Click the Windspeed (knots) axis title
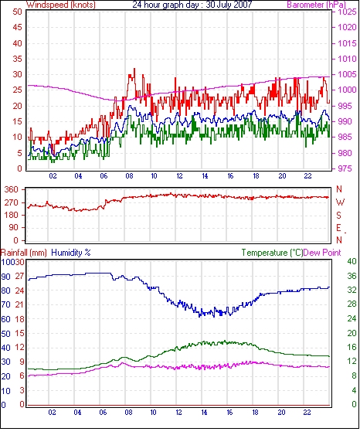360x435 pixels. coord(61,5)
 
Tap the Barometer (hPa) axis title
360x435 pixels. coord(317,5)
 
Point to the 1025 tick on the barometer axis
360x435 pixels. coord(347,12)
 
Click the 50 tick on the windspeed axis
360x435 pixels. coord(17,12)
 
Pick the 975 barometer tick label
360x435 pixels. coord(345,168)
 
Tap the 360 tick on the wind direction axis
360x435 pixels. coord(12,190)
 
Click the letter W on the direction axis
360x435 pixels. coord(340,202)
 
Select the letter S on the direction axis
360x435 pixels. coord(338,215)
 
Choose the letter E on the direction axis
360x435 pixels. coord(338,228)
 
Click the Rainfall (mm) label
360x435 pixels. coord(24,253)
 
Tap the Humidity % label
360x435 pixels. coord(71,253)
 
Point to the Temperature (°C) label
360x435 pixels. coord(272,253)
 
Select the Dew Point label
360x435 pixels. coord(322,253)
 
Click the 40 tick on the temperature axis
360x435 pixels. coord(352,261)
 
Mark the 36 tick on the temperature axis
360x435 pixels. coord(352,276)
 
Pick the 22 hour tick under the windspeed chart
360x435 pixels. coord(307,176)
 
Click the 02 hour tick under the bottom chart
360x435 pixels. coord(52,413)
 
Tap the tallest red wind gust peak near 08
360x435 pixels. coord(134,69)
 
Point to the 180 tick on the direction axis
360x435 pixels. coord(12,216)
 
